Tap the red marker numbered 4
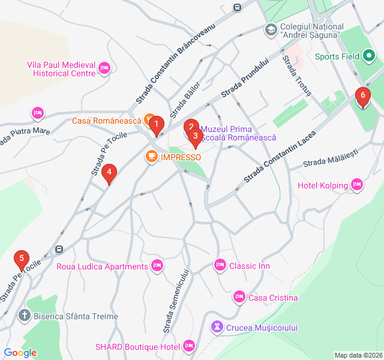tap(109, 174)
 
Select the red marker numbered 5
tap(22, 260)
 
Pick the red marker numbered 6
tap(362, 97)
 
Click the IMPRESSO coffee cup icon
tap(151, 157)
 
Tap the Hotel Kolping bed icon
tap(357, 185)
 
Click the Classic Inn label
tap(250, 266)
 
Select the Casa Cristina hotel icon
tap(239, 298)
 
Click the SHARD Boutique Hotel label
tap(137, 347)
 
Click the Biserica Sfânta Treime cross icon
tap(24, 316)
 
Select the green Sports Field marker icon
tap(369, 57)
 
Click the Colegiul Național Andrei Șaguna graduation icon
tap(271, 29)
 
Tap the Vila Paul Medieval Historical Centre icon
tap(105, 68)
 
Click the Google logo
tap(20, 353)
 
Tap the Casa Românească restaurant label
tap(107, 121)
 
